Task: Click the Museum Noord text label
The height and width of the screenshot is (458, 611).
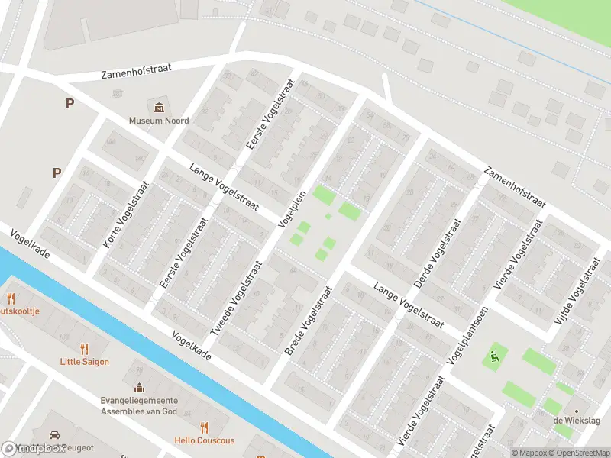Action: [x=159, y=121]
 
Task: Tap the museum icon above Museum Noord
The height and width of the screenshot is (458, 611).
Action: [x=159, y=107]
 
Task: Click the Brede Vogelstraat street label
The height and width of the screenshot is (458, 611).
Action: [x=309, y=321]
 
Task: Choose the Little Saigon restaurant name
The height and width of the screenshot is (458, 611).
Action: [x=85, y=362]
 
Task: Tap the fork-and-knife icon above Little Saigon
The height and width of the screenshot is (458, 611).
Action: [x=85, y=349]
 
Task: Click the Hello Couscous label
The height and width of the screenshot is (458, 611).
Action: [x=204, y=440]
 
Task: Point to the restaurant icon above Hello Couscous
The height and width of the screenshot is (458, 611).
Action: [x=204, y=427]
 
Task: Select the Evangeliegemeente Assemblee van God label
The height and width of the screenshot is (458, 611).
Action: [x=139, y=405]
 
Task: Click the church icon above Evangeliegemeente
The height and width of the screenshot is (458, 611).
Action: [x=139, y=388]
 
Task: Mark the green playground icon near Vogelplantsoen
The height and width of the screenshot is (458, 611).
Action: [x=494, y=355]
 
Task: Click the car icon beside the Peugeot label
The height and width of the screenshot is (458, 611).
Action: [x=55, y=436]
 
